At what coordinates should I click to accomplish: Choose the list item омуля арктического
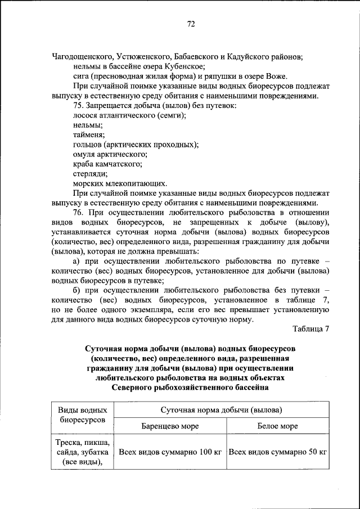(x=110, y=154)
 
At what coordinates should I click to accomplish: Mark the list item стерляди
(x=90, y=173)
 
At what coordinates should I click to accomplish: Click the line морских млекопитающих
(x=120, y=183)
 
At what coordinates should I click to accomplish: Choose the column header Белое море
(x=277, y=426)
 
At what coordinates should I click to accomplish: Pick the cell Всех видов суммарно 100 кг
(x=170, y=451)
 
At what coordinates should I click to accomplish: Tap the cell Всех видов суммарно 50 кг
(x=278, y=451)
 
